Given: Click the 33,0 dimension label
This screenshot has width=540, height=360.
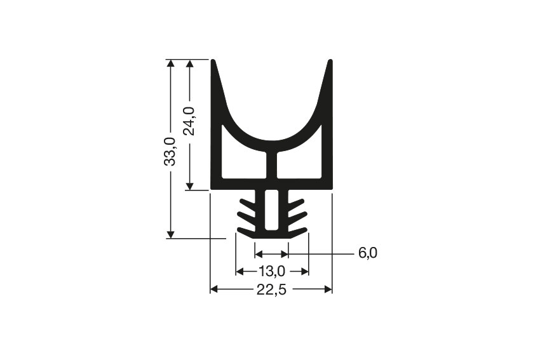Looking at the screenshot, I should (170, 151).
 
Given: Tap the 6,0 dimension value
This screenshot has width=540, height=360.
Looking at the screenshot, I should (368, 253).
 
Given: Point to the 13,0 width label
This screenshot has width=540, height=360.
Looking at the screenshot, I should (271, 272).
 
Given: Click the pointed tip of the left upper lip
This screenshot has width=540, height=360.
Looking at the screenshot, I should (213, 62).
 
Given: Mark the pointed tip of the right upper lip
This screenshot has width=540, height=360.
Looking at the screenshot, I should (330, 62).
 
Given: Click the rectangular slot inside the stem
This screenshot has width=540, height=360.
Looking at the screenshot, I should (271, 210).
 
